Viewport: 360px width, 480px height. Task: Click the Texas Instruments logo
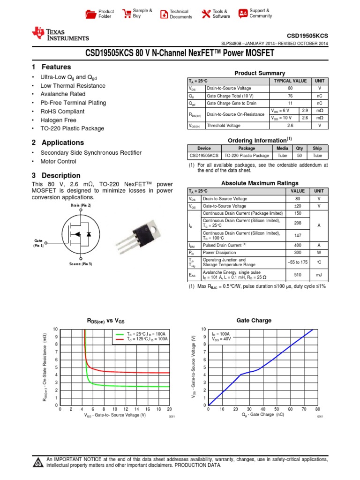pyautogui.click(x=60, y=34)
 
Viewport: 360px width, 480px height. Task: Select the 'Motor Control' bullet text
pyautogui.click(x=58, y=161)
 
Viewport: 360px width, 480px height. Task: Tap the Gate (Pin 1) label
pyautogui.click(x=38, y=242)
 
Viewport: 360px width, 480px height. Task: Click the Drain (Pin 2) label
pyautogui.click(x=81, y=205)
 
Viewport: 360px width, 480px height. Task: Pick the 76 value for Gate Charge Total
pyautogui.click(x=290, y=96)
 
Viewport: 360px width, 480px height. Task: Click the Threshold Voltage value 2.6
pyautogui.click(x=290, y=126)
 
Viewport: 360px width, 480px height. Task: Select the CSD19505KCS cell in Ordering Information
pyautogui.click(x=204, y=156)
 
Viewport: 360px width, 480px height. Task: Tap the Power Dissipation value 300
pyautogui.click(x=298, y=252)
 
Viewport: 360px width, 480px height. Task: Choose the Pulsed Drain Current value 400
pyautogui.click(x=298, y=245)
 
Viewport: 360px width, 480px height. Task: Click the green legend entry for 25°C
pyautogui.click(x=141, y=334)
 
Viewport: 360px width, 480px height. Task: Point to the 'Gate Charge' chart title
pyautogui.click(x=254, y=321)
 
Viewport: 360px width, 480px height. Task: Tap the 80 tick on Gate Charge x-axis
pyautogui.click(x=317, y=409)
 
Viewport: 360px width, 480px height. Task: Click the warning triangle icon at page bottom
pyautogui.click(x=37, y=463)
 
